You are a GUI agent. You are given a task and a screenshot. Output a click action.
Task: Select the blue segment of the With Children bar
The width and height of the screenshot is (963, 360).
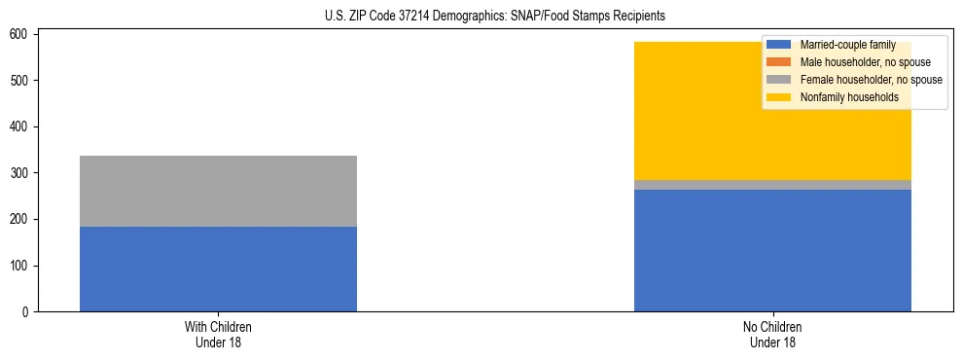pyautogui.click(x=218, y=269)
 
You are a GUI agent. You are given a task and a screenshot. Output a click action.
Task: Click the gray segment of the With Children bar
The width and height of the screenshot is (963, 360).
pyautogui.click(x=218, y=191)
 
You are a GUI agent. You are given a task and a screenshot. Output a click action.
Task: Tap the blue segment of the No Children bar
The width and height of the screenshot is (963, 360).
pyautogui.click(x=772, y=250)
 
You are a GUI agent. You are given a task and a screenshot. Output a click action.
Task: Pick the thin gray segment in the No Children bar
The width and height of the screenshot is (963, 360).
pyautogui.click(x=772, y=185)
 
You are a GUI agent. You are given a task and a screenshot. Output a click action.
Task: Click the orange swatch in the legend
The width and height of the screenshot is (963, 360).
pyautogui.click(x=778, y=62)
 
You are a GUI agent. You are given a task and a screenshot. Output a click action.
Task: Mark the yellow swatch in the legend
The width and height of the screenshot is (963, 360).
pyautogui.click(x=778, y=97)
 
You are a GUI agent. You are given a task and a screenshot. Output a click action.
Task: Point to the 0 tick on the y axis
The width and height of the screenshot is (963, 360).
pyautogui.click(x=26, y=312)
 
